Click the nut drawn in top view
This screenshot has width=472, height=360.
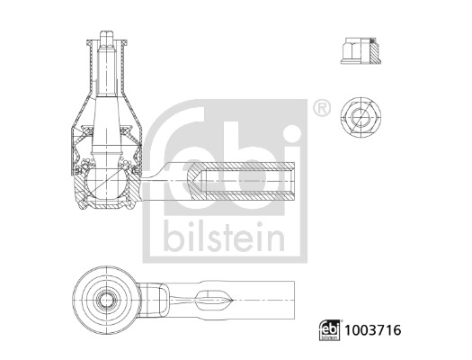coord(359,116)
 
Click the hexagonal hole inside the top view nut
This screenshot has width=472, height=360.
coord(359,116)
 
